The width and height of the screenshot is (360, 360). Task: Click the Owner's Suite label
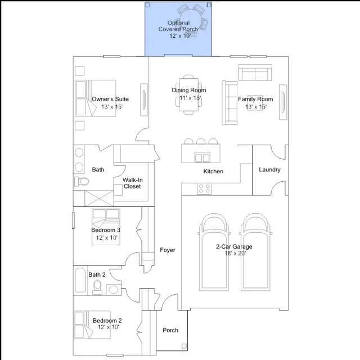click(x=110, y=99)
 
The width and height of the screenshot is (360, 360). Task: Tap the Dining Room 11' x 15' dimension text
click(x=190, y=98)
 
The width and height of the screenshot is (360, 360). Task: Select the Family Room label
click(x=255, y=99)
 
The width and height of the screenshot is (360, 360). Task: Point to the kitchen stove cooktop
click(x=204, y=189)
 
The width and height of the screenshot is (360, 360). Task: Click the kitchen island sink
click(x=202, y=157)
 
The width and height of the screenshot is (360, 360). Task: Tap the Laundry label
click(x=270, y=170)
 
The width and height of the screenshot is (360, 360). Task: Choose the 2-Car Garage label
click(x=234, y=246)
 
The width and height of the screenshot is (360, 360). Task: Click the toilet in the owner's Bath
click(x=82, y=181)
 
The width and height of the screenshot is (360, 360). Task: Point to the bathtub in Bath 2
click(x=80, y=280)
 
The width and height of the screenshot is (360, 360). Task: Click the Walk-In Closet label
click(x=133, y=183)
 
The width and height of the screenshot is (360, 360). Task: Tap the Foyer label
click(x=168, y=250)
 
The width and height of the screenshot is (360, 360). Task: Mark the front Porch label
click(x=170, y=330)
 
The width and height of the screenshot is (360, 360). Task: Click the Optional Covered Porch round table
click(x=191, y=20)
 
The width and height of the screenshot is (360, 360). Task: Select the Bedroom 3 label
click(x=106, y=230)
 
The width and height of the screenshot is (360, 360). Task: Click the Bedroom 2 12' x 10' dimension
click(x=109, y=327)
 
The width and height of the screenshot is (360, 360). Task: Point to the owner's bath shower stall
click(x=99, y=198)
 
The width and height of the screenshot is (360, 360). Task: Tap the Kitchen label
click(x=213, y=171)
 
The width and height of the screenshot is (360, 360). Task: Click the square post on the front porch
click(x=184, y=346)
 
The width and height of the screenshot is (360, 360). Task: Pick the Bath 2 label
click(x=97, y=274)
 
